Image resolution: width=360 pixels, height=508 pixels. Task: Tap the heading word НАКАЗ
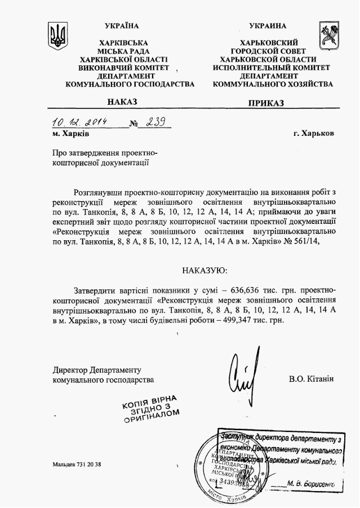coord(122,102)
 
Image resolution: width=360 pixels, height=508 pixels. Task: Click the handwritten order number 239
coord(154,122)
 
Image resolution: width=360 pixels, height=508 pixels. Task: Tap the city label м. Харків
coord(70,134)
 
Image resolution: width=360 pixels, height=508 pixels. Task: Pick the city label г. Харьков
coord(313,134)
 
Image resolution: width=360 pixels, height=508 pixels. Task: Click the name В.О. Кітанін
coord(311,379)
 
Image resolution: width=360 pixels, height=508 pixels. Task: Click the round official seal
coord(225,465)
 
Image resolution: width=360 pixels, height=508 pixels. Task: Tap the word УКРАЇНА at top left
coord(122,26)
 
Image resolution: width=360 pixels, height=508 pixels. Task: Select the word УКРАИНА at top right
coord(268,26)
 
